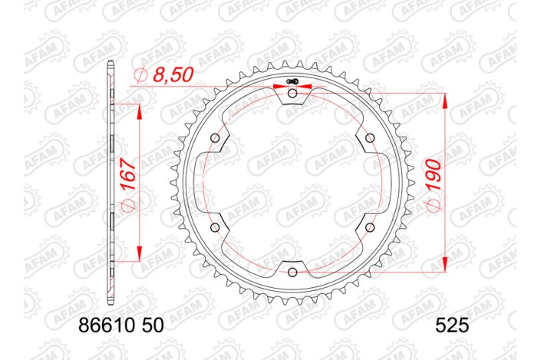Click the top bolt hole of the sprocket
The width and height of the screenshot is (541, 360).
pos(292,93)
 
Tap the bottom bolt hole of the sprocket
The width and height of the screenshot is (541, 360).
pos(292,272)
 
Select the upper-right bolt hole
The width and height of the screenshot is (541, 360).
pos(370,138)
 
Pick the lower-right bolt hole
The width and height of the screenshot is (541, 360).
pos(370,227)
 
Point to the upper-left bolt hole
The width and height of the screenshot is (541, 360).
pos(215,138)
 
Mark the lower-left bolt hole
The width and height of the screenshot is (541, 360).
pos(215,227)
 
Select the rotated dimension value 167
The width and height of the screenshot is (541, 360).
pos(128,174)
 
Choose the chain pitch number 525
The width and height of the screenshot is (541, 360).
pos(451,325)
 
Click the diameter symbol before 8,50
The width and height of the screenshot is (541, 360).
pos(140,75)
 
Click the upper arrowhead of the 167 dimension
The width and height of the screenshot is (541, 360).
pos(140,112)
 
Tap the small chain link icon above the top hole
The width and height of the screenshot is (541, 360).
pos(291,81)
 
